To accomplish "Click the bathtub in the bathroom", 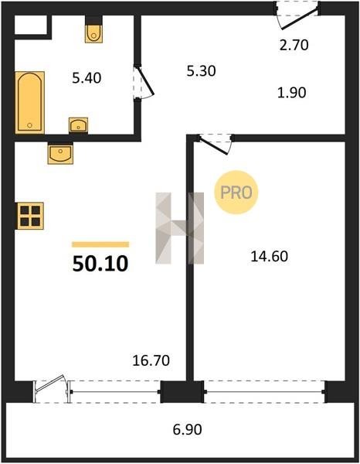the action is pyautogui.click(x=30, y=102).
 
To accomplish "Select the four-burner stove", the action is pyautogui.click(x=29, y=216).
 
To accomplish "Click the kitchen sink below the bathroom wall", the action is pyautogui.click(x=60, y=153).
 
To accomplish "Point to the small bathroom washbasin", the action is pyautogui.click(x=78, y=125).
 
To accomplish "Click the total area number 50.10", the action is pyautogui.click(x=100, y=264).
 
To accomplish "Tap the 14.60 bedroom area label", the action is pyautogui.click(x=270, y=256).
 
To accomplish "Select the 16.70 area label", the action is pyautogui.click(x=151, y=360).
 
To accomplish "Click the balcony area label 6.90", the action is pyautogui.click(x=188, y=429).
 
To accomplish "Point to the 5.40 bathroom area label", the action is pyautogui.click(x=87, y=78).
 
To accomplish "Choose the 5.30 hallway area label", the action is pyautogui.click(x=202, y=71).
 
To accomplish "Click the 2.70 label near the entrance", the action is pyautogui.click(x=294, y=46).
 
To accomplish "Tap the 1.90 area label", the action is pyautogui.click(x=292, y=93).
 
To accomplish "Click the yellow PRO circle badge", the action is pyautogui.click(x=236, y=193).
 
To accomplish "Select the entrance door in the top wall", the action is pyautogui.click(x=297, y=15).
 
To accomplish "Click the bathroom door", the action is pyautogui.click(x=144, y=82).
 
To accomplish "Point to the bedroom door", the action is pyautogui.click(x=215, y=144).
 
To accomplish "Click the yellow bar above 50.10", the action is pyautogui.click(x=100, y=244).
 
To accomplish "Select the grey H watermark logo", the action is pyautogui.click(x=180, y=228).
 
